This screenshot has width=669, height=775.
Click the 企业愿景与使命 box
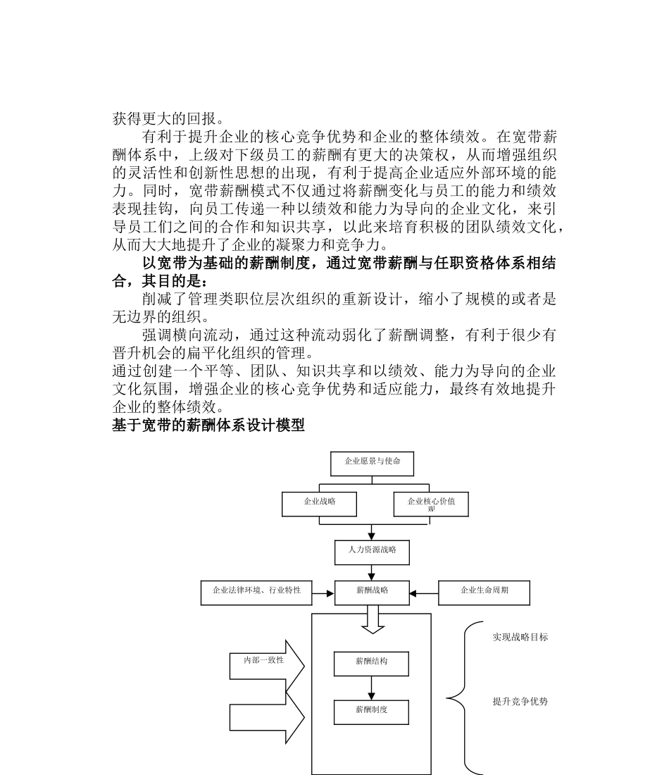point(372,463)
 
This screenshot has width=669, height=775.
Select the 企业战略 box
point(319,504)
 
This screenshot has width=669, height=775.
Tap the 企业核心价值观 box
point(431,504)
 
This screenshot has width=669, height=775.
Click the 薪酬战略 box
point(372,593)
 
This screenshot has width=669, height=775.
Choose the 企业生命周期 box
point(484,593)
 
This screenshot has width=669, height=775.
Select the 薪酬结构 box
point(371,664)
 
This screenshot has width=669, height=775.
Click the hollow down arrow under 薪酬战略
point(372,619)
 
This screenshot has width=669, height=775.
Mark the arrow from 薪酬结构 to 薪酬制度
point(372,688)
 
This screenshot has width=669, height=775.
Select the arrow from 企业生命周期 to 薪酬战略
point(424,593)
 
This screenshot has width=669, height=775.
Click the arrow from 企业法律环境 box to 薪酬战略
point(323,593)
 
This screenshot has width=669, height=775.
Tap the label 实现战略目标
point(520,638)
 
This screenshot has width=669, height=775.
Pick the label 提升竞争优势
point(520,702)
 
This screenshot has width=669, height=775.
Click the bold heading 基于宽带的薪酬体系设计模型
point(208,426)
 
